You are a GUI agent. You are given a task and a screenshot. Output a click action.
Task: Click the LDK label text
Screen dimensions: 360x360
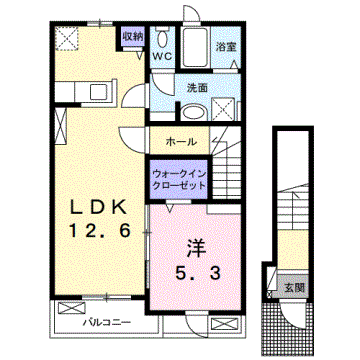click(98, 207)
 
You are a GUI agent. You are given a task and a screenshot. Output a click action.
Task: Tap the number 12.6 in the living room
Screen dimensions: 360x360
click(98, 231)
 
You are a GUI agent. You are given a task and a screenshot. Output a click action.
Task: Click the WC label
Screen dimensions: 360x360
click(162, 57)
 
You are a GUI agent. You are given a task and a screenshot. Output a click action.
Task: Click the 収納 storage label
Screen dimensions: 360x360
click(132, 36)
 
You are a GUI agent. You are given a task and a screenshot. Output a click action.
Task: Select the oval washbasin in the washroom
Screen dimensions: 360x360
click(195, 111)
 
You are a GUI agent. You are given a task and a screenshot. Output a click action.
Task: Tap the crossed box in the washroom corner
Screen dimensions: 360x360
click(227, 110)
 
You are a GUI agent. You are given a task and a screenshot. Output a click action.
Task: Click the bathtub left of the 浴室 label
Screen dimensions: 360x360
click(195, 47)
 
